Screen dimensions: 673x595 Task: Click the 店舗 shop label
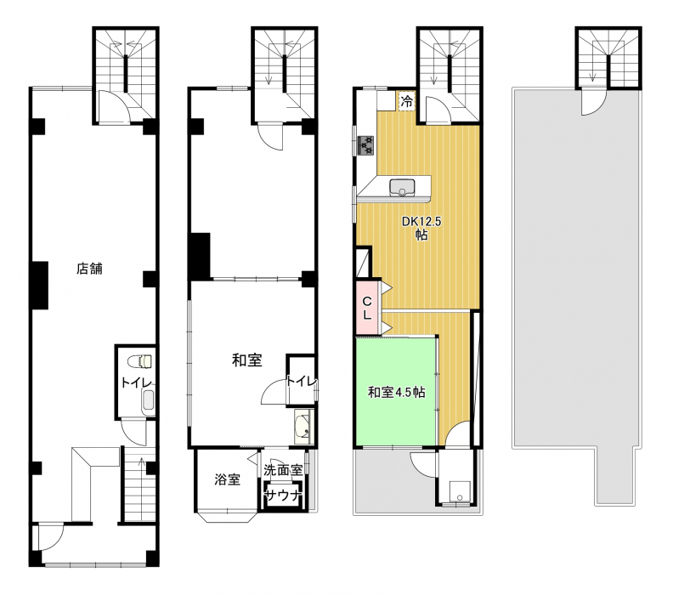coord(89,269)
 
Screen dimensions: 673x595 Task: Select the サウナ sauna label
coord(283,496)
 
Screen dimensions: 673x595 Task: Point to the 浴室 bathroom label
coord(227,479)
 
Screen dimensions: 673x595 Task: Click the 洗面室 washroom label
coord(283,470)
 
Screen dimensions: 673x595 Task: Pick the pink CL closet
coord(368,308)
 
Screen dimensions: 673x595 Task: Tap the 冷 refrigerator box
coord(406,102)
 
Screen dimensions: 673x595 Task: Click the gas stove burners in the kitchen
coord(365,145)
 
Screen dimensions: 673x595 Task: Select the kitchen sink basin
coord(402,188)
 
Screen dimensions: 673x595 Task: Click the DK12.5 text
coord(421,222)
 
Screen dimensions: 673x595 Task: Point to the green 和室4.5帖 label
coord(396,392)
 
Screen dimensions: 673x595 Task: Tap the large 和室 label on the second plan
coord(246,360)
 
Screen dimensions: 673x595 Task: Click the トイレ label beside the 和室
coord(302,381)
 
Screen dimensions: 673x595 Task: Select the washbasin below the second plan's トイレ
coord(304,426)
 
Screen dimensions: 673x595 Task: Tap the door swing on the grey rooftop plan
coord(592,102)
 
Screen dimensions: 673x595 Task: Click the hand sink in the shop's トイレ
coord(148,400)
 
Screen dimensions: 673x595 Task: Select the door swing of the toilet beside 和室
coord(274,393)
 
